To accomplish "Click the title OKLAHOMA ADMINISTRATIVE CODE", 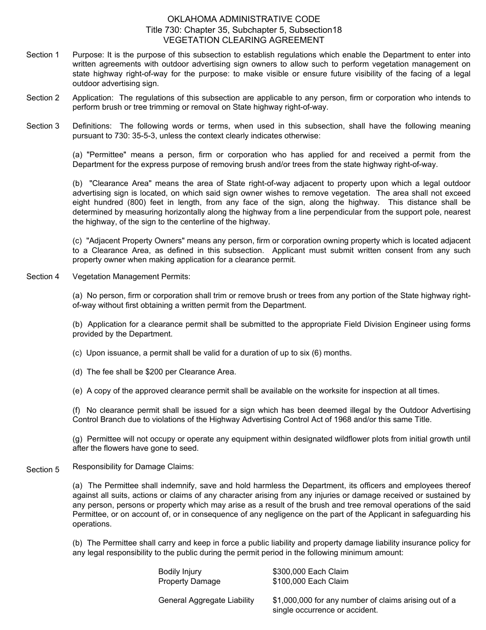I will (x=244, y=19).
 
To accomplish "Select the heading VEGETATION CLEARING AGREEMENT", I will (x=244, y=40).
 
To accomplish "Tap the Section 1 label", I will (x=43, y=55).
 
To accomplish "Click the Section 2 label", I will (x=43, y=98).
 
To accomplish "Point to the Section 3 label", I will (x=43, y=126).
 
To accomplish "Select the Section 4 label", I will (x=43, y=277).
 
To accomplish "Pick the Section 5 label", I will (x=43, y=470).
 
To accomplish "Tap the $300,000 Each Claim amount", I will (x=311, y=572).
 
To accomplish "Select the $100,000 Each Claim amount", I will (x=311, y=581).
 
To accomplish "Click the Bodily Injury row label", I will (x=180, y=572).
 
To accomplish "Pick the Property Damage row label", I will (x=189, y=581).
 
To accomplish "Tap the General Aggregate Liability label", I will (x=206, y=600).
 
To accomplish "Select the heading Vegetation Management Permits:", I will (x=131, y=277).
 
